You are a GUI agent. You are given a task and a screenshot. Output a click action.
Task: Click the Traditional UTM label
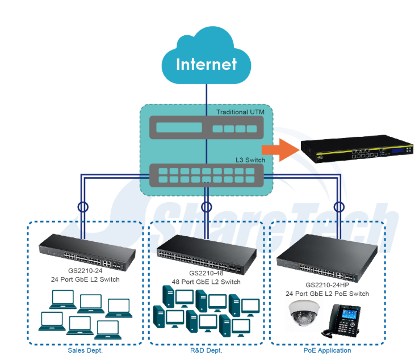tap(240, 112)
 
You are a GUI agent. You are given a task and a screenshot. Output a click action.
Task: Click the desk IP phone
tap(347, 321)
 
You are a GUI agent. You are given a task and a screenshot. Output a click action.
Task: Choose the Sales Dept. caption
tap(85, 350)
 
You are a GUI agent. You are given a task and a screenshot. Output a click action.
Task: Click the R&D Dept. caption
tap(206, 350)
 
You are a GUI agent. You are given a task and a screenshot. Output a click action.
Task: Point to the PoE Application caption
tap(328, 350)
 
